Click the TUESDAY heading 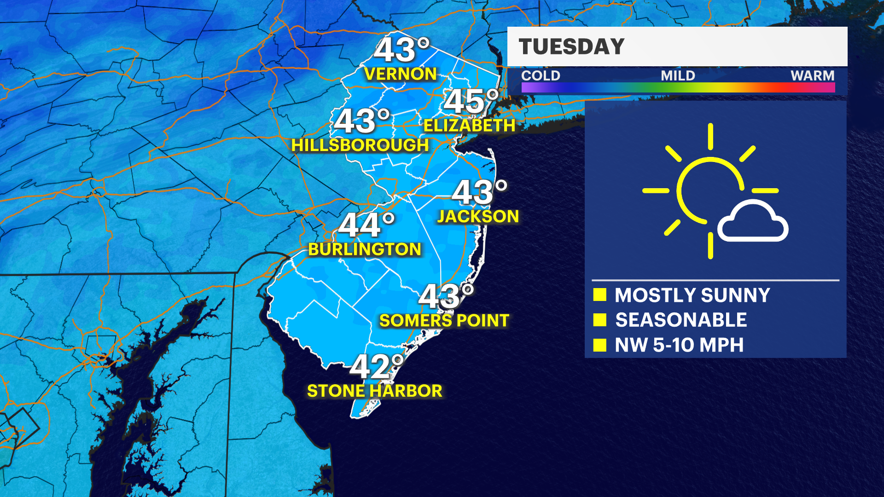tap(571, 46)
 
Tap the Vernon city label tap(400, 74)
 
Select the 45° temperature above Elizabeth tap(471, 101)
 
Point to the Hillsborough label tap(360, 145)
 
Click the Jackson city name tap(478, 216)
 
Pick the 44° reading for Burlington tap(366, 225)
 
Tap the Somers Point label tap(444, 321)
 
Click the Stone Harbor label tap(374, 391)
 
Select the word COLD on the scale tap(541, 75)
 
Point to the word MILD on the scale tap(678, 75)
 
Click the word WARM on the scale tap(812, 75)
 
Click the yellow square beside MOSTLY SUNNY tap(599, 295)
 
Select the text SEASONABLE tap(681, 320)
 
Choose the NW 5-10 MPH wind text tap(679, 345)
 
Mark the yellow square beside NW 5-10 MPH tap(599, 345)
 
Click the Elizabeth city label tap(469, 126)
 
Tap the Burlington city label tap(365, 249)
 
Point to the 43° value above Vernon tap(401, 50)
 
